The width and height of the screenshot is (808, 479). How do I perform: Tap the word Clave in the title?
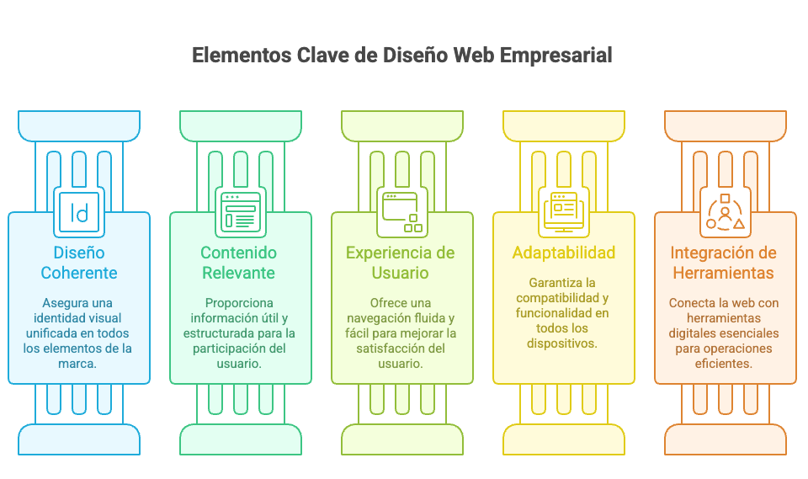pos(321,56)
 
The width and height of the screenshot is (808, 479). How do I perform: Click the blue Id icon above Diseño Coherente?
pos(79,211)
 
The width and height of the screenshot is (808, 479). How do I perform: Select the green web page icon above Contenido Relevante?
pos(240,211)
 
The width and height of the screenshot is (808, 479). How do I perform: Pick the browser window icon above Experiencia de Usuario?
pos(401,211)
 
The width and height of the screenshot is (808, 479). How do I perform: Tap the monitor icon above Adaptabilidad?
pos(563,211)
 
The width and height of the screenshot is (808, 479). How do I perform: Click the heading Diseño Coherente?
pos(79,263)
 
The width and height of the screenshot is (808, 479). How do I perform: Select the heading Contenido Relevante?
pos(239,263)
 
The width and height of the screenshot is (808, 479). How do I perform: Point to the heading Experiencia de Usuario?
pos(401,263)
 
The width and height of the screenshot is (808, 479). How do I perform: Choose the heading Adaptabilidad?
pos(563,253)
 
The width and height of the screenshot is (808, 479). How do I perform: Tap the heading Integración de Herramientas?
pos(724,263)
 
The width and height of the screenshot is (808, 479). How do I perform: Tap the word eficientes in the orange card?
pos(724,364)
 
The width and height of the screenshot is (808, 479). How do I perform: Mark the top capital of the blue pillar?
pos(79,125)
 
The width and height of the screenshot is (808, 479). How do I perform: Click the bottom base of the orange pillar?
pos(725,439)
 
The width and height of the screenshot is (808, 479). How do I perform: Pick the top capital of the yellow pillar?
pos(563,125)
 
